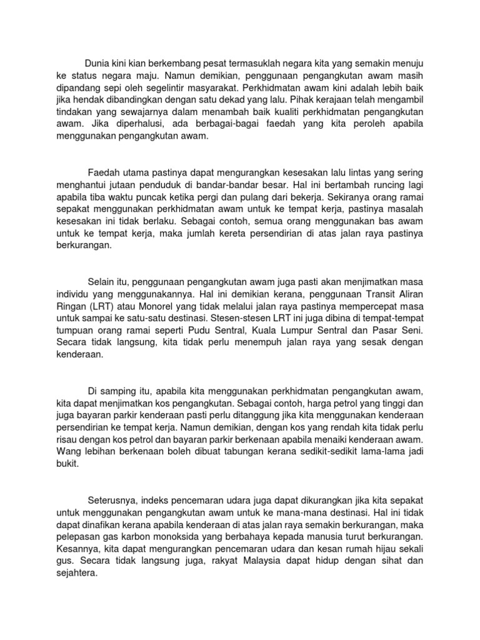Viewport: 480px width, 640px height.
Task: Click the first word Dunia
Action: pyautogui.click(x=98, y=63)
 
